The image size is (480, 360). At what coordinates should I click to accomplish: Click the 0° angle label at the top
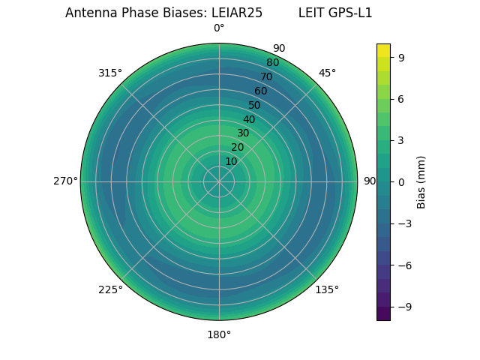pos(219,28)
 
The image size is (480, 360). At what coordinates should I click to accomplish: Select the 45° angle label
pos(327,73)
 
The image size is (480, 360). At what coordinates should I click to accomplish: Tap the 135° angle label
pos(327,289)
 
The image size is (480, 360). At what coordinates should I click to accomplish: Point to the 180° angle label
pos(219,334)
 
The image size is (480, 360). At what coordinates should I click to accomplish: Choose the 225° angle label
pos(110,289)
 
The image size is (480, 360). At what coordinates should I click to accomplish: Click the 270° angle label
pos(65,181)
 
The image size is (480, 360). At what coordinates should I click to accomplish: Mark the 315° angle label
pos(110,73)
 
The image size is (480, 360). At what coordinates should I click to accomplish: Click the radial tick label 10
pos(231,161)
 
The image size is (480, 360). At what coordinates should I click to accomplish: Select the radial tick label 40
pos(249,119)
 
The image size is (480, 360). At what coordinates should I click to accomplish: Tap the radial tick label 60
pos(260,91)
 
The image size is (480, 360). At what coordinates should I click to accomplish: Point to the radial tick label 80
pos(272,63)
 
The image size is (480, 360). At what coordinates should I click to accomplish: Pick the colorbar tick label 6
pos(402,98)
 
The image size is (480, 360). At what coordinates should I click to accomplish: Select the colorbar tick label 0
pos(402,181)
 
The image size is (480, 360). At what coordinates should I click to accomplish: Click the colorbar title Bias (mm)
pos(421,182)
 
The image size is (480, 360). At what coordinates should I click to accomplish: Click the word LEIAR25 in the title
pos(236,13)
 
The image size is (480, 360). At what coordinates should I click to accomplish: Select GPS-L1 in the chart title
pos(350,13)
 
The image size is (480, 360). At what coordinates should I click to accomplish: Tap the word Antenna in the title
pos(88,13)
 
